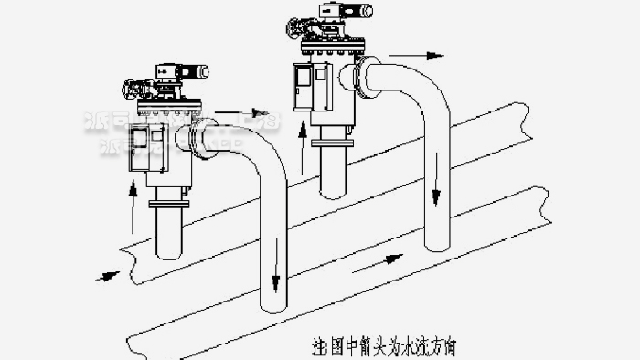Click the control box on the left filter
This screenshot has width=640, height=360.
tap(141, 145)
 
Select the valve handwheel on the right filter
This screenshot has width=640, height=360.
tap(294, 33)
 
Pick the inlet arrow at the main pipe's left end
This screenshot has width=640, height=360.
tap(107, 273)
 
